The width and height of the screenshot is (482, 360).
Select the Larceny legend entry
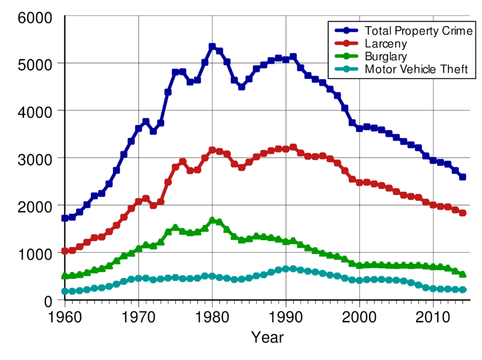coord(386,44)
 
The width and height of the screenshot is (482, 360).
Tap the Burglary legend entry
coord(386,56)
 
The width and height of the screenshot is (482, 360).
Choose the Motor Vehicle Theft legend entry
coord(416,69)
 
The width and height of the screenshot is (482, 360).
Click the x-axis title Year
coord(267,337)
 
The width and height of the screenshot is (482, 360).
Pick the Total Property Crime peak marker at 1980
coord(212,47)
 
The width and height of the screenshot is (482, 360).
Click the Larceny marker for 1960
coord(65,251)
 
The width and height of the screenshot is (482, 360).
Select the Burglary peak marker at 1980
coord(212,220)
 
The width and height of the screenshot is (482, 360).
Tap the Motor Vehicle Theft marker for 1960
coord(65,291)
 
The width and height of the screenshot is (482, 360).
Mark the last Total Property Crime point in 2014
coord(463,177)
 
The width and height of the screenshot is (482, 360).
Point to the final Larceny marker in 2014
coord(463,213)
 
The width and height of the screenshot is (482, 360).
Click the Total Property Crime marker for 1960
coord(65,218)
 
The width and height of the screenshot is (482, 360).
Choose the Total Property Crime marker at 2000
coord(360,128)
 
